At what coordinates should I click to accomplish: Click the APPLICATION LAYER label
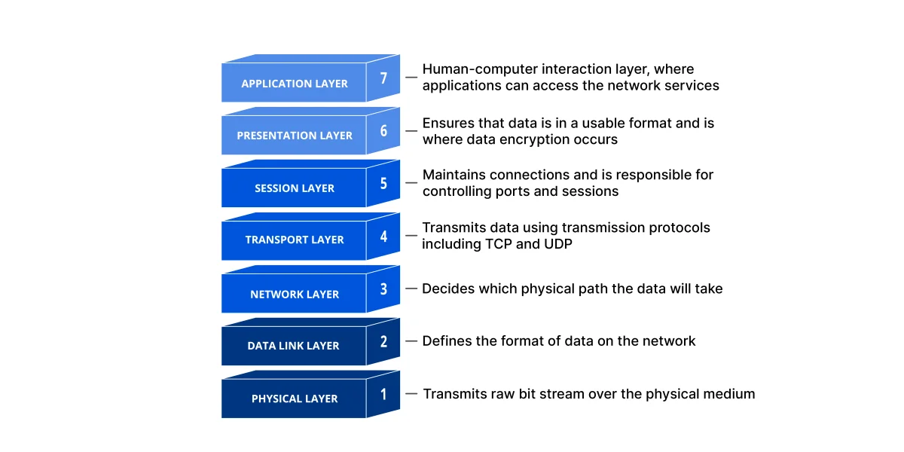coord(295,84)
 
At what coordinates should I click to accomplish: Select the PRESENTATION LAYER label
coord(295,136)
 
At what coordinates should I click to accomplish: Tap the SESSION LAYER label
coord(295,188)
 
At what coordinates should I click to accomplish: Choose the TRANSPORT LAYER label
coord(295,240)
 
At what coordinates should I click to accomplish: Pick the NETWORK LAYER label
coord(295,295)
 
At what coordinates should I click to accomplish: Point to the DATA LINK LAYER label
coord(294,346)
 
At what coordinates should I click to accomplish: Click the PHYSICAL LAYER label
coord(295,399)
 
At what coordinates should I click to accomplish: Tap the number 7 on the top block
coord(383,78)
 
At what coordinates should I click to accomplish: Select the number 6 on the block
coord(383,130)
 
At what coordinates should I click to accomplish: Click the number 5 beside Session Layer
coord(383,183)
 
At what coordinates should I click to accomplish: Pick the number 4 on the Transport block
coord(383,236)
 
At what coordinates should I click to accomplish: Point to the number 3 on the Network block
coord(383,289)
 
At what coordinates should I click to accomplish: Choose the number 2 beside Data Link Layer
coord(383,341)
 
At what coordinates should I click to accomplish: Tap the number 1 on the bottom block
coord(383,393)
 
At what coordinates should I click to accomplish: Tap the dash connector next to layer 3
coord(411,289)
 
